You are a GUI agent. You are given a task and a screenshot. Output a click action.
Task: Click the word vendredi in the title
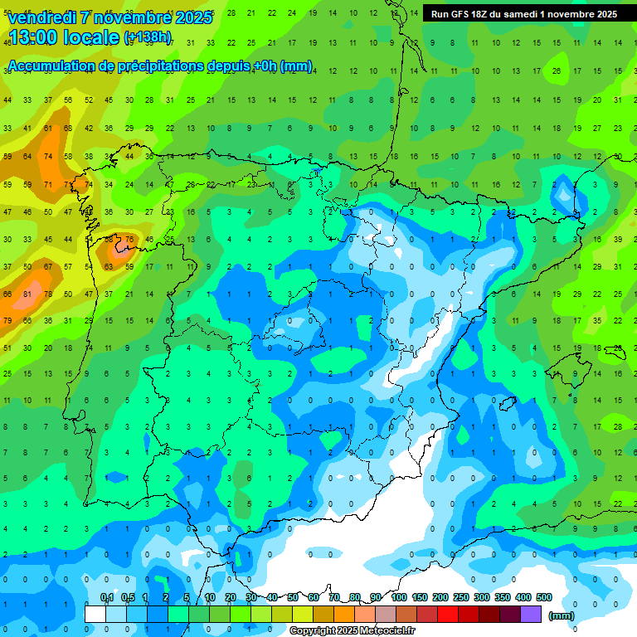pyautogui.click(x=43, y=17)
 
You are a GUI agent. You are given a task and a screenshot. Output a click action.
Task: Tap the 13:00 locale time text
pyautogui.click(x=63, y=37)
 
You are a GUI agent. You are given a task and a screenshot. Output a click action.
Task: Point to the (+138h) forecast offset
pyautogui.click(x=148, y=37)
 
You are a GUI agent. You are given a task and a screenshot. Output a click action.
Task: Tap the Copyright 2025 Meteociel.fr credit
pyautogui.click(x=352, y=631)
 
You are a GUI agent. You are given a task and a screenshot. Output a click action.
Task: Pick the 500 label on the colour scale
pyautogui.click(x=544, y=597)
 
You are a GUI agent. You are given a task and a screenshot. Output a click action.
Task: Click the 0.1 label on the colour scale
pyautogui.click(x=107, y=597)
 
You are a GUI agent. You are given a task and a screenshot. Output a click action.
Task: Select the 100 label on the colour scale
pyautogui.click(x=399, y=597)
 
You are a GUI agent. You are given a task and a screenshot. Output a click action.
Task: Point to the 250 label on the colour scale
pyautogui.click(x=461, y=597)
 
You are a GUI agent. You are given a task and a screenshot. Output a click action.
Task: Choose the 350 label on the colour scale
pyautogui.click(x=503, y=597)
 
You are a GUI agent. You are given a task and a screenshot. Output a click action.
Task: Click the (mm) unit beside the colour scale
pyautogui.click(x=562, y=615)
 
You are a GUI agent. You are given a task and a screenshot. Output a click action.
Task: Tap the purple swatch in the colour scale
pyautogui.click(x=531, y=614)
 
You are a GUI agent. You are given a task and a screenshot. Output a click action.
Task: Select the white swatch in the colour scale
pyautogui.click(x=95, y=614)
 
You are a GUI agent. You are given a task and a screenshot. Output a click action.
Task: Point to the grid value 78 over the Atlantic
pyautogui.click(x=47, y=294)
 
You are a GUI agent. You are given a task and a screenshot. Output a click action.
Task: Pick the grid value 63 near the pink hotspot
pyautogui.click(x=108, y=267)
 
